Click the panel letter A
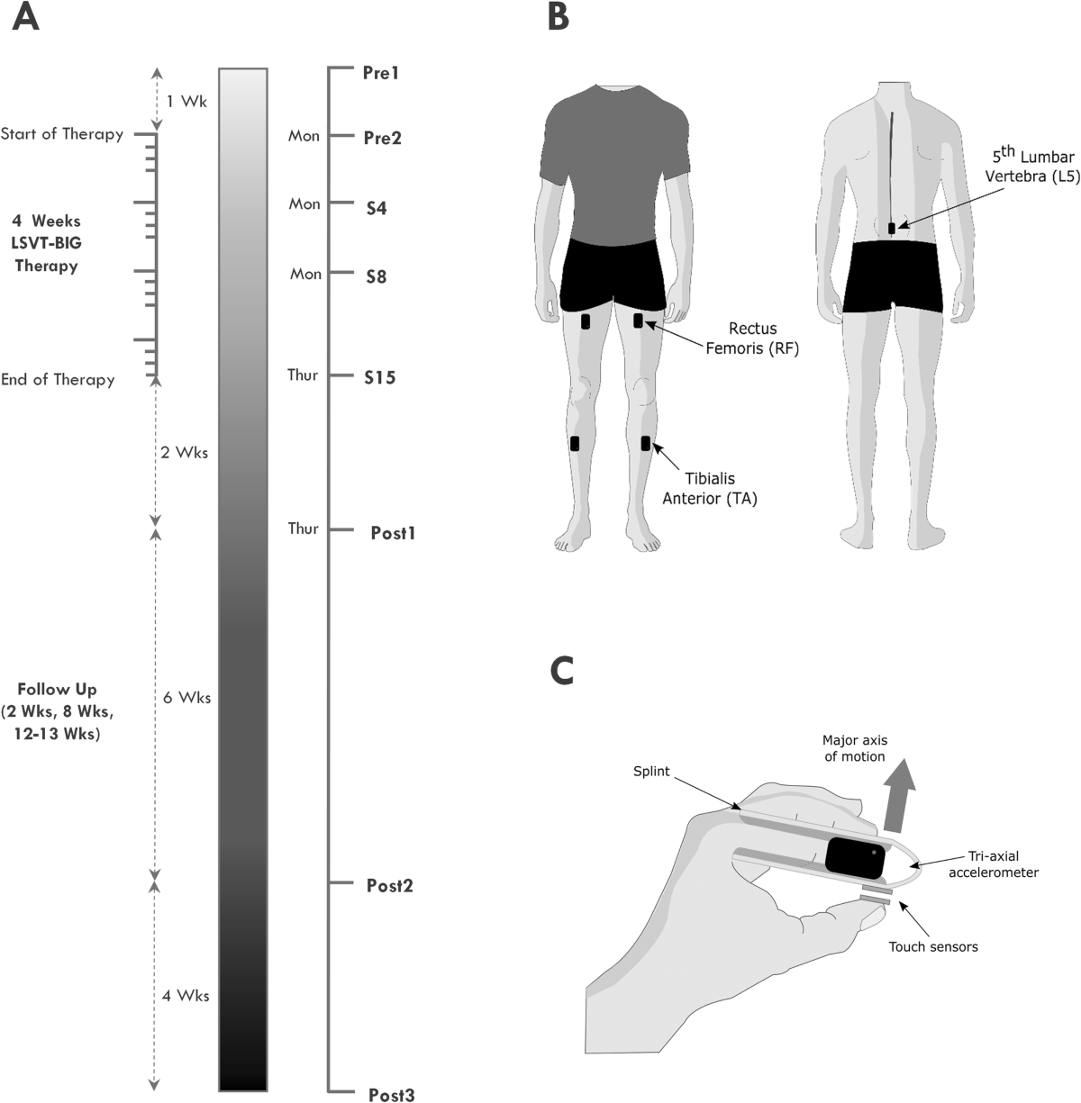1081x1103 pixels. pyautogui.click(x=25, y=19)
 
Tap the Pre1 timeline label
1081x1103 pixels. pyautogui.click(x=381, y=73)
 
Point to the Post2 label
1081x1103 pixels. pyautogui.click(x=389, y=885)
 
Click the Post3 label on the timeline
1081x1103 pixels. pyautogui.click(x=392, y=1095)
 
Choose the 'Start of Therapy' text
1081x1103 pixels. pyautogui.click(x=61, y=135)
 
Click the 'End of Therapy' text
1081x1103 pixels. pyautogui.click(x=58, y=380)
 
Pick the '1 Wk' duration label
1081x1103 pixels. pyautogui.click(x=187, y=102)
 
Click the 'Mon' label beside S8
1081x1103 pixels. pyautogui.click(x=304, y=274)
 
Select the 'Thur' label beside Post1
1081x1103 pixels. pyautogui.click(x=303, y=529)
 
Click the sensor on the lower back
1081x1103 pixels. pyautogui.click(x=892, y=229)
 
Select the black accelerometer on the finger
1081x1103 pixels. pyautogui.click(x=855, y=858)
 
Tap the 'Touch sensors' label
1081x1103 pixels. pyautogui.click(x=932, y=946)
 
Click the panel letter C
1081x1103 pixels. pyautogui.click(x=560, y=671)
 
